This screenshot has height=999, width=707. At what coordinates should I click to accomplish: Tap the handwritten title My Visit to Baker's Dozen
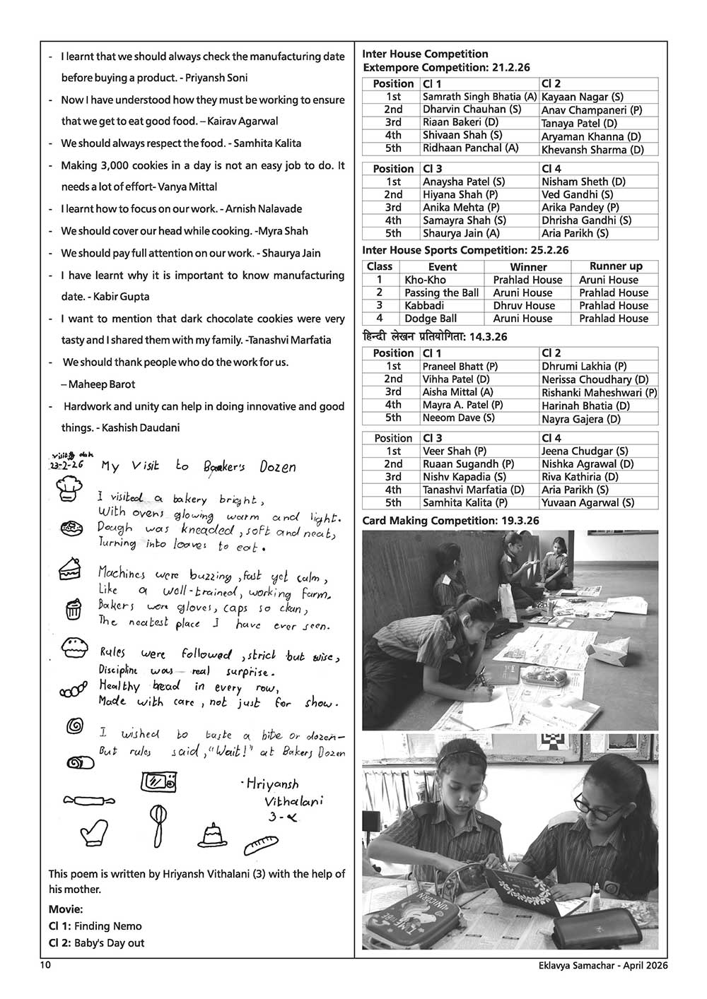(x=199, y=466)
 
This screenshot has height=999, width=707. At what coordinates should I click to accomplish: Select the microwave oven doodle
(x=159, y=782)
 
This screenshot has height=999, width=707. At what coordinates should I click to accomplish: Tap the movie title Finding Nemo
(x=108, y=926)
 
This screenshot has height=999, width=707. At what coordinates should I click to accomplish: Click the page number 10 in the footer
(x=46, y=965)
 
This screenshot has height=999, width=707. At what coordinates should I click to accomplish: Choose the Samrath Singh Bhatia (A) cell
(x=479, y=96)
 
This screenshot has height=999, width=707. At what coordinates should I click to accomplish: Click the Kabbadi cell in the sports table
(x=424, y=305)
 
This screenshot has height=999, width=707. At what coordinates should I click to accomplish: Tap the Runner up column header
(x=616, y=266)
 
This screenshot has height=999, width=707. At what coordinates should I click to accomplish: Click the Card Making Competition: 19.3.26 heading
(x=450, y=521)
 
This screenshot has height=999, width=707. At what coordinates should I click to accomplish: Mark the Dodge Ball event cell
(x=431, y=318)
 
